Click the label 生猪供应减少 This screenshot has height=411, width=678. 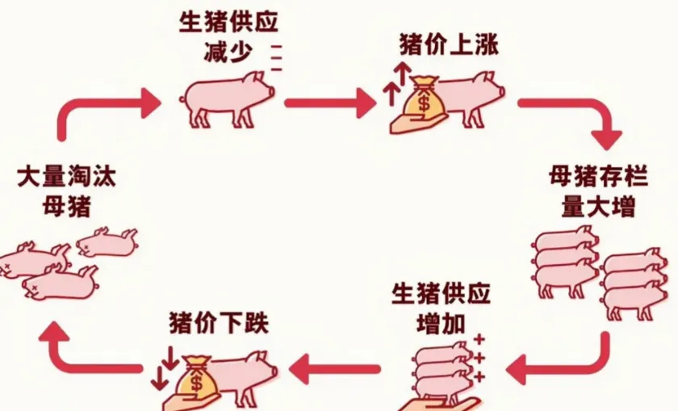[x=228, y=36]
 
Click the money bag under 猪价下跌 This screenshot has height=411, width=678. [x=196, y=375]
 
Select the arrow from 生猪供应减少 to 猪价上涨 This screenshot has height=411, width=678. [x=326, y=103]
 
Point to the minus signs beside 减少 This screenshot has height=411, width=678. [x=277, y=60]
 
